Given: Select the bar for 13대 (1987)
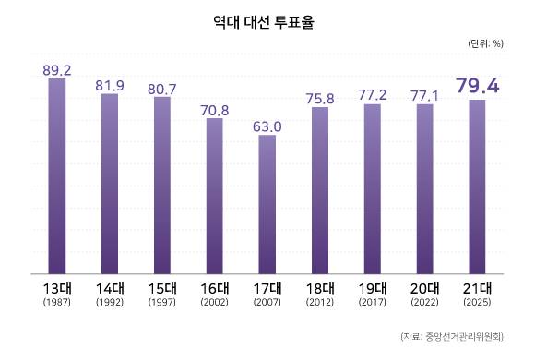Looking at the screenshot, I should (x=57, y=175).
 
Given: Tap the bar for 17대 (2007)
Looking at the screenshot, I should (x=267, y=204).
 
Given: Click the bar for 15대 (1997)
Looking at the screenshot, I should (x=162, y=185).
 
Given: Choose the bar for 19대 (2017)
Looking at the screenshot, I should (x=372, y=189).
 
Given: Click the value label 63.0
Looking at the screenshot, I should (x=267, y=126).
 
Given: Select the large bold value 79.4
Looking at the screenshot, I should (x=477, y=87).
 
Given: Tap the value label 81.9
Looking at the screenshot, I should (x=110, y=85).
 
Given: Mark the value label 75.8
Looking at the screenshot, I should (x=320, y=98).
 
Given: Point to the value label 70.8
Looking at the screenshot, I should (x=215, y=109).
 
